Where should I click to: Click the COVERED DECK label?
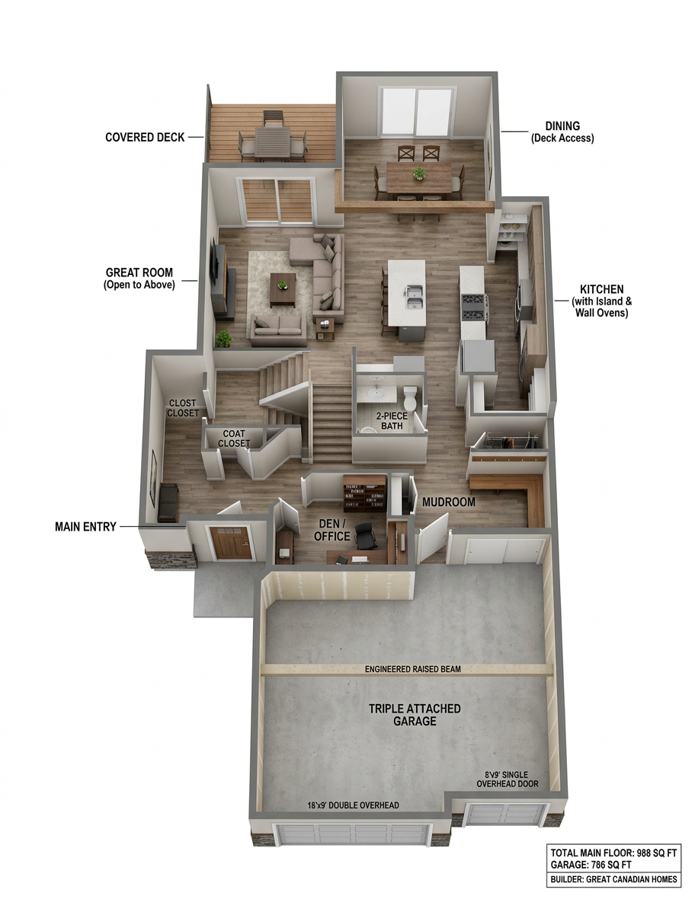pos(145,137)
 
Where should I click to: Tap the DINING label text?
pos(562,126)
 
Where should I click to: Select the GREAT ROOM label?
pos(139,273)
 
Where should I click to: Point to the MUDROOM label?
pos(449,502)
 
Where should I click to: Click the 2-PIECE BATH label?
pos(392,421)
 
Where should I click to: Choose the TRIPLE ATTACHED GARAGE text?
pos(415,715)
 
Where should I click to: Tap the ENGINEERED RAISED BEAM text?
pos(412,669)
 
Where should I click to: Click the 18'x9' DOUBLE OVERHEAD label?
pos(353,805)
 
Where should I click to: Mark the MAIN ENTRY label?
pos(85,526)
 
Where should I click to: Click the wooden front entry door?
pos(232,543)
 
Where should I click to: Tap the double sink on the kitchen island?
pos(414,297)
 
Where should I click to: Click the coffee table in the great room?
pos(283,289)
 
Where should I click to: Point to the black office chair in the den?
pos(366,536)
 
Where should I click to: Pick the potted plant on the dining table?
pos(420,173)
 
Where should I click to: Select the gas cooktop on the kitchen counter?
pos(474,308)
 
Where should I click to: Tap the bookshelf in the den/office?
pos(364,493)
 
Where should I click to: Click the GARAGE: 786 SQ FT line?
pos(591,864)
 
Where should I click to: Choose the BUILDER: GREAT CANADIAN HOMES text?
pos(613,879)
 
